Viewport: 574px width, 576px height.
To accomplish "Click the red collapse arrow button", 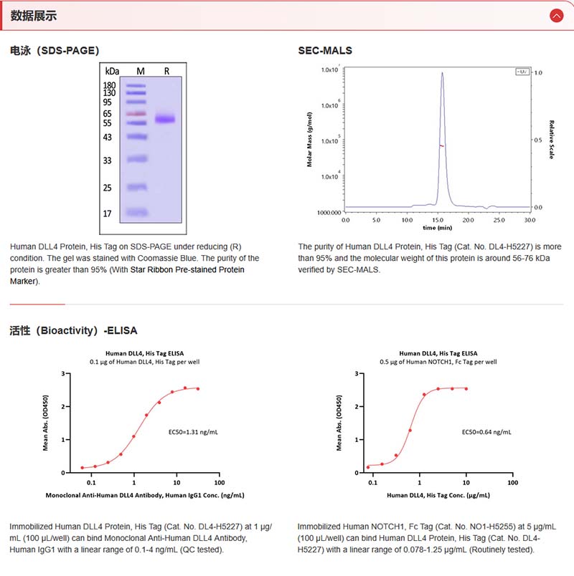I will point(556,15).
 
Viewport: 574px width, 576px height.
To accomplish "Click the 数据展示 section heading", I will point(34,16).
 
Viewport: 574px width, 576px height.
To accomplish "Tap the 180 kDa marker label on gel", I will point(110,85).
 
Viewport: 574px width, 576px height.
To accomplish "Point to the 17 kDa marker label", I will point(107,213).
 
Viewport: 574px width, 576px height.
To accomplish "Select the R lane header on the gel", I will point(166,71).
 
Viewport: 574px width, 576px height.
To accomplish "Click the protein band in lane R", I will point(166,119).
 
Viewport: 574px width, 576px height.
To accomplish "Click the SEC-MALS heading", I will point(325,51).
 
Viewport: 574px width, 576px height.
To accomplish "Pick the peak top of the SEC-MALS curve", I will point(442,72).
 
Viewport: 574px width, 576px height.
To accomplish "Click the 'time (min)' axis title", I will point(437,227).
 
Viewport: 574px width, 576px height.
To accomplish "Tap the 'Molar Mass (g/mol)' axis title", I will point(310,139).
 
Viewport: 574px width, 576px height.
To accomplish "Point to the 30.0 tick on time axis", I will point(530,219).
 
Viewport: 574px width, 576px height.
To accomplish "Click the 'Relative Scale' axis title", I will point(552,139).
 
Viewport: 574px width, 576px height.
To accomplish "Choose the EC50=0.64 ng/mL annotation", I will point(486,432).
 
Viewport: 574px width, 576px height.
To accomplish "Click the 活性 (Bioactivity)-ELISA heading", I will point(73,331).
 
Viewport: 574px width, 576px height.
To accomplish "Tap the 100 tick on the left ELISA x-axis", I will point(219,482).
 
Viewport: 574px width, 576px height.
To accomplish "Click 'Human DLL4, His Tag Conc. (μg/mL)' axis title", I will point(439,495).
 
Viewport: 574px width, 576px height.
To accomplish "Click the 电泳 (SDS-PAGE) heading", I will point(55,51).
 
